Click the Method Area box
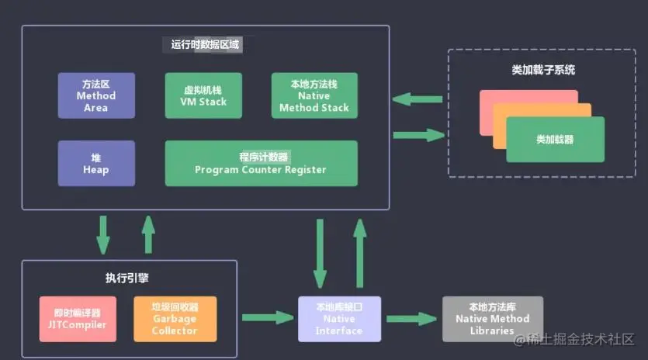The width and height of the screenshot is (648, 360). [x=96, y=95]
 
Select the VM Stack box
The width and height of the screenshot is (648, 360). [x=203, y=95]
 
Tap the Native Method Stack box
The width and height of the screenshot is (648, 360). [x=314, y=95]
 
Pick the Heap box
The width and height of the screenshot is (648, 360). [x=96, y=163]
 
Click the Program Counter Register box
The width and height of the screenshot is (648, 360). [x=261, y=163]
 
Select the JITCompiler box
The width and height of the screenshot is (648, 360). [x=77, y=319]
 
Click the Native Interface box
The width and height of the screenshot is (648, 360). [x=339, y=319]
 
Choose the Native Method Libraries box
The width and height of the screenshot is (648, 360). [x=492, y=319]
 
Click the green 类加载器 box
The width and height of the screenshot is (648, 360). [x=555, y=140]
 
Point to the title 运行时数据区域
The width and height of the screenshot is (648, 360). [x=206, y=45]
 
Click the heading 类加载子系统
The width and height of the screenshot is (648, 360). [x=543, y=70]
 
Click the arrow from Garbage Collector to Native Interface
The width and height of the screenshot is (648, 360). [x=267, y=317]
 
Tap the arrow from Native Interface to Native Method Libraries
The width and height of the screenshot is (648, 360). [x=411, y=318]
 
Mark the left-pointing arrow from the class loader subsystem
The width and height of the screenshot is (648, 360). [x=418, y=99]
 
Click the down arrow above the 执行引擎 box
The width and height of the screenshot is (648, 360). [x=102, y=236]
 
